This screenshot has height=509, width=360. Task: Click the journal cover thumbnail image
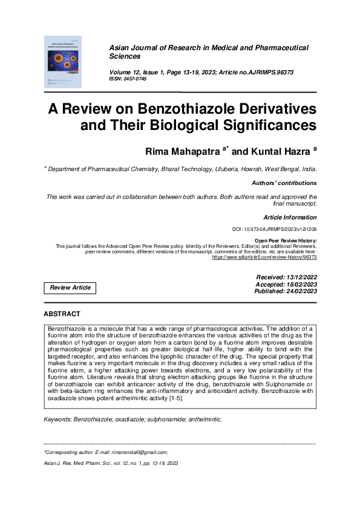coord(63,61)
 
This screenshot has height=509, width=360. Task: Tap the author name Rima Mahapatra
coord(179,149)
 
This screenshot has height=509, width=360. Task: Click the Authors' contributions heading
coord(283,183)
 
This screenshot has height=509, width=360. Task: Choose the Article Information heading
coord(289,217)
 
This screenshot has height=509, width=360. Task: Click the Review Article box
coord(70,288)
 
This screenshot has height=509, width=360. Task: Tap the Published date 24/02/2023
coord(296,291)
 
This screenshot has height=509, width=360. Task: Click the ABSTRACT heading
coord(62,314)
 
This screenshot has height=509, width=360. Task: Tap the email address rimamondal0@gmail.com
coord(140,452)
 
